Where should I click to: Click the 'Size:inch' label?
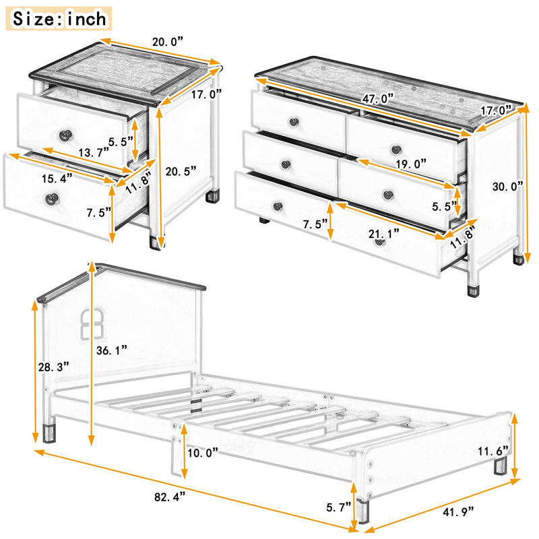59,18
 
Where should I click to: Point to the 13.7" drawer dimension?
93,152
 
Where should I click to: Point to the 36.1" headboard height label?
110,350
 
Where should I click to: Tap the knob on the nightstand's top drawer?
65,134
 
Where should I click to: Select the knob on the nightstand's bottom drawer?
51,198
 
